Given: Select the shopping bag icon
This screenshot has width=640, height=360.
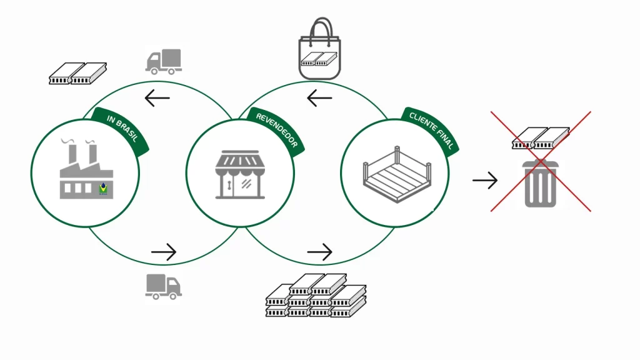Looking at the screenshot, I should [319, 50].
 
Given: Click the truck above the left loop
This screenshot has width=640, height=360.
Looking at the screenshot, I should [164, 61].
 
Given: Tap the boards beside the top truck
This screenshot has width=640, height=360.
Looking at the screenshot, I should [78, 73].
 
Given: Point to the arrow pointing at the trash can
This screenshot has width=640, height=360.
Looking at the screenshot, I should [485, 181].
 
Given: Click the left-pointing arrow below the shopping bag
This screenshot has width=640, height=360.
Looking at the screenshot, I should [319, 98].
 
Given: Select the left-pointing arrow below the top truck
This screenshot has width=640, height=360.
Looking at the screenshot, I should [157, 97].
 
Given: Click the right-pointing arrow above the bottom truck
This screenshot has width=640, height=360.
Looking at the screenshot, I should [164, 252].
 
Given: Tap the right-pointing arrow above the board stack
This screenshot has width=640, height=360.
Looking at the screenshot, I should [319, 252].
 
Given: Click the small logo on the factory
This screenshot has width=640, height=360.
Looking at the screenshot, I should [103, 188].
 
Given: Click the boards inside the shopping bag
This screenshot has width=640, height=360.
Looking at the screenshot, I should [319, 59].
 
